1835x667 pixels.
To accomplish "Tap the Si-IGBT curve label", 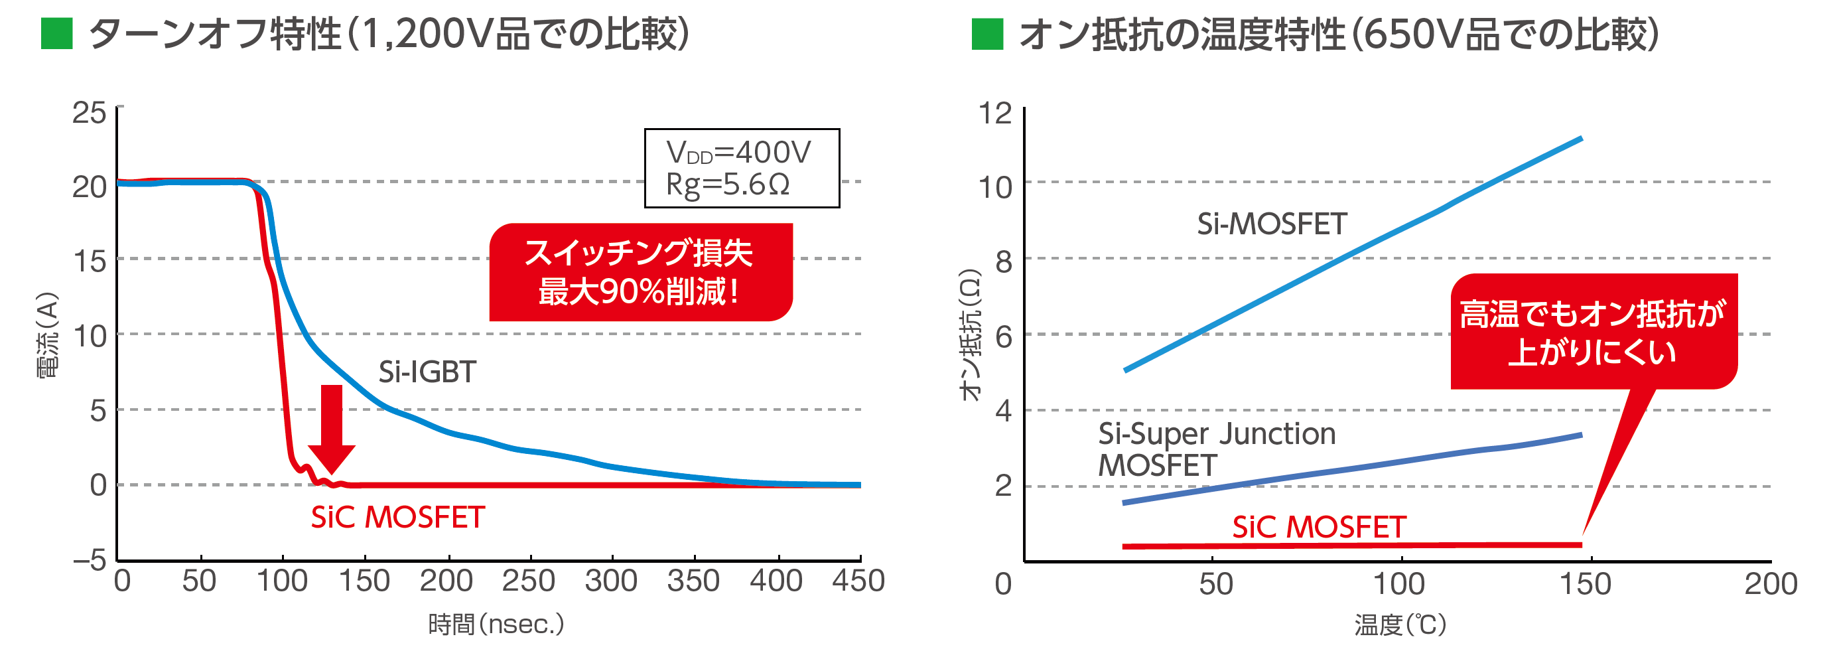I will click(427, 372).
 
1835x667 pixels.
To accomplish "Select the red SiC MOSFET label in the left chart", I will click(397, 518).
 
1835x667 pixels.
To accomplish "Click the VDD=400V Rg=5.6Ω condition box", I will click(742, 168).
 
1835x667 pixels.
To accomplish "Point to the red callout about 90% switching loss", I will click(640, 272).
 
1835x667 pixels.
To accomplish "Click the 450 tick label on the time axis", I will click(858, 581).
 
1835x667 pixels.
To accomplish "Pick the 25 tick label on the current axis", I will click(89, 113).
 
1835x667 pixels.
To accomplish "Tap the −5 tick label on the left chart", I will click(89, 560).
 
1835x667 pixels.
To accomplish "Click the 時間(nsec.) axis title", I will click(496, 625).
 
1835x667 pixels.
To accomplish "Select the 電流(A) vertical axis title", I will click(47, 335).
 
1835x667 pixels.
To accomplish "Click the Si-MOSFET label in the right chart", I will click(1272, 224).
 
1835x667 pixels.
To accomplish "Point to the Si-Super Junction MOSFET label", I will click(1216, 449).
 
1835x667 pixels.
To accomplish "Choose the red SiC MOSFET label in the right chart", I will click(1319, 528).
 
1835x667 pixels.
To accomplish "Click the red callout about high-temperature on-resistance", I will click(1593, 332).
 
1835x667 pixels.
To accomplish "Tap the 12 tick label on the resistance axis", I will click(995, 113).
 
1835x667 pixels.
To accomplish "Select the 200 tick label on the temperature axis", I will click(1770, 583).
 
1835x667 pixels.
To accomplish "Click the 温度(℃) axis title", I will click(1400, 625).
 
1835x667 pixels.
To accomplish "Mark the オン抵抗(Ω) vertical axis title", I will click(970, 335).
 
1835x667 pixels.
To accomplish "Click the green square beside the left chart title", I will click(57, 33).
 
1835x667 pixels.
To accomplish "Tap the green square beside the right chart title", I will click(986, 33).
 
